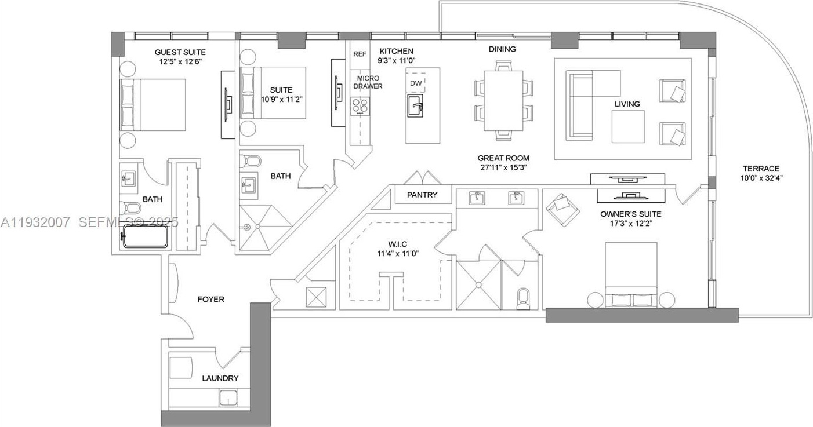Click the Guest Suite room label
click(180, 52)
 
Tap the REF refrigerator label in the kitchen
click(360, 54)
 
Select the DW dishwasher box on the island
click(416, 83)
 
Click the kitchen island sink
click(416, 105)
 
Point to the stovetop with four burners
click(360, 106)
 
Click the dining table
click(503, 100)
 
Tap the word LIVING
click(627, 104)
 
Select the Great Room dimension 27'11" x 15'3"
click(503, 167)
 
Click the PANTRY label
click(422, 195)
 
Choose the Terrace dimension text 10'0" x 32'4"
click(761, 178)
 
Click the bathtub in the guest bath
click(145, 236)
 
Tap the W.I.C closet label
click(397, 244)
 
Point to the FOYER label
click(211, 300)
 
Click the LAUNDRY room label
click(220, 378)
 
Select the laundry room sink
click(228, 398)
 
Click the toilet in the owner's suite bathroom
click(523, 299)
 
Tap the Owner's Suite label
click(631, 214)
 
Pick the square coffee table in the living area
click(628, 126)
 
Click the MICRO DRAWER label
click(368, 82)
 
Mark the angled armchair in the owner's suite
click(562, 210)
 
